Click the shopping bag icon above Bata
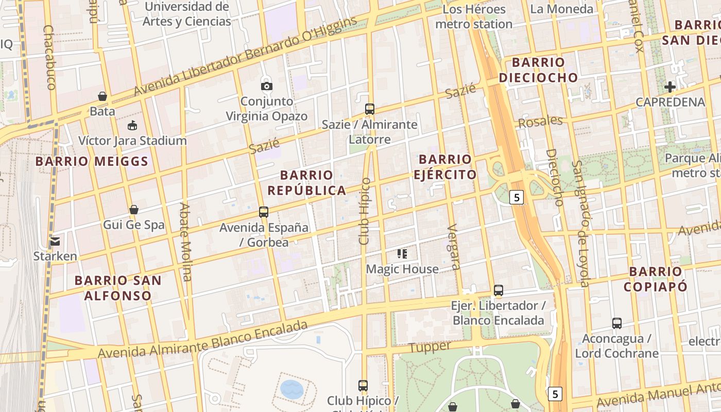(x=102, y=96)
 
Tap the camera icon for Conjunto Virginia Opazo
(x=267, y=86)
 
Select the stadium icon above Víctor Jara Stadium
(x=132, y=125)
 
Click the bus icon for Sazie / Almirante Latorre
(x=369, y=109)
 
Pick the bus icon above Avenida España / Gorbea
(x=264, y=212)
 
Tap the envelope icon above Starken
(x=55, y=241)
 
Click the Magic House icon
(x=402, y=253)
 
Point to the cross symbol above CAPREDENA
(x=669, y=87)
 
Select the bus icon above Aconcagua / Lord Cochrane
(x=616, y=323)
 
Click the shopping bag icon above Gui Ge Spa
(x=133, y=210)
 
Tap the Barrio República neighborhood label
(x=306, y=183)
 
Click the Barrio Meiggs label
(x=92, y=161)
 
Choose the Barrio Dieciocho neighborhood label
(x=538, y=70)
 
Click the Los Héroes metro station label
(x=473, y=16)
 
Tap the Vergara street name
(x=454, y=247)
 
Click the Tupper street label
(x=430, y=347)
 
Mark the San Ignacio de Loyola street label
(x=581, y=224)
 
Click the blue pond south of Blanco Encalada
(x=292, y=389)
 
